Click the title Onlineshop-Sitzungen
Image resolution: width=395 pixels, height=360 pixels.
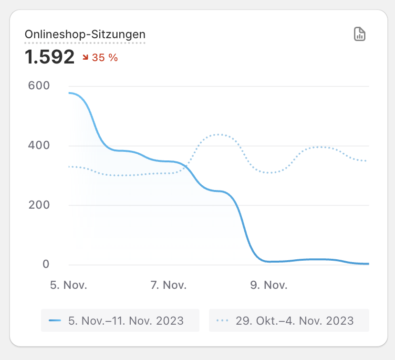point(85,34)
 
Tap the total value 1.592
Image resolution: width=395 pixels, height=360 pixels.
point(50,57)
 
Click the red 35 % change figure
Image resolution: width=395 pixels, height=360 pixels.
point(104,58)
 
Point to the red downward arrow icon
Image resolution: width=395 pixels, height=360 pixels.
point(86,58)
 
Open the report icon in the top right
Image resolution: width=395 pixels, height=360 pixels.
point(360,34)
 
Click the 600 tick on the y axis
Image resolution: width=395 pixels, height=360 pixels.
point(39,85)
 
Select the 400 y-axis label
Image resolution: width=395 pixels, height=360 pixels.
point(39,145)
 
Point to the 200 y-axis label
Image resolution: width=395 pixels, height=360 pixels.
point(39,205)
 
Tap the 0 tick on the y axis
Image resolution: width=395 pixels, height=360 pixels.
point(46,264)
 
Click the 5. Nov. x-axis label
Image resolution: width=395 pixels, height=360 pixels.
point(69,286)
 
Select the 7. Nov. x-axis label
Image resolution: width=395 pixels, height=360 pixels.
point(168,286)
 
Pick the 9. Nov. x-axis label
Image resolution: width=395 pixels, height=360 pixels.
point(269,286)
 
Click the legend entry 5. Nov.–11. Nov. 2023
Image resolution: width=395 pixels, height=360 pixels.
point(126,320)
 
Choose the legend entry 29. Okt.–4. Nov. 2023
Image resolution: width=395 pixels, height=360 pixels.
point(295,320)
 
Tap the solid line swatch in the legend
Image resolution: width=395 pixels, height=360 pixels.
point(55,320)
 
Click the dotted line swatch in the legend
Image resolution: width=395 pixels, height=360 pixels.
point(223,320)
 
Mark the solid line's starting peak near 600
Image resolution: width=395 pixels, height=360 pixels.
point(70,93)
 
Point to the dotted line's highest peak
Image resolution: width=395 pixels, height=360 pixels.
point(218,134)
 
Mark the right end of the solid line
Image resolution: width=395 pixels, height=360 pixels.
point(368,264)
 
